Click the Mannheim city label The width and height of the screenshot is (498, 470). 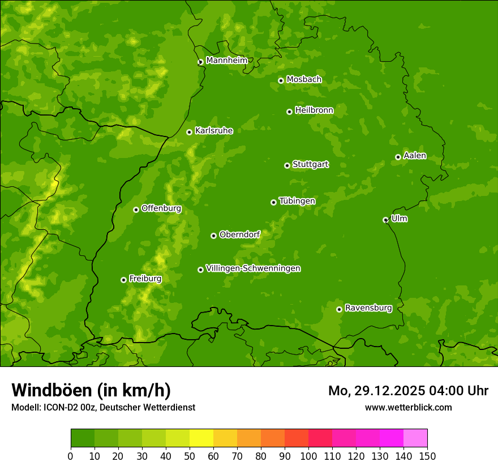click(226, 61)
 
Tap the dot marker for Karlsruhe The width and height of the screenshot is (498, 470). click(189, 132)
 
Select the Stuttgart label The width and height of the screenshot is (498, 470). click(310, 164)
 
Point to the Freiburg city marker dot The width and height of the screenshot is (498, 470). click(123, 280)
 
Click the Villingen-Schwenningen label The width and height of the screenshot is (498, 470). click(253, 268)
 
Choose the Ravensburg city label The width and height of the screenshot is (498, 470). click(368, 308)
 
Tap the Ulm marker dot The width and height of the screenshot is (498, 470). click(385, 220)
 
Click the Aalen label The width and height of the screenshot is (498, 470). click(415, 156)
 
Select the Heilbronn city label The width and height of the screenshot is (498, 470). click(314, 110)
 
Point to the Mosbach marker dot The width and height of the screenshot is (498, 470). click(281, 80)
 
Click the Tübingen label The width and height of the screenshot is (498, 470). click(297, 201)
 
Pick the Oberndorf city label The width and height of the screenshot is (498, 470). click(239, 234)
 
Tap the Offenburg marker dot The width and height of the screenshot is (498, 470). click(136, 210)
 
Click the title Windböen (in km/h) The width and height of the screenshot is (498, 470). click(91, 390)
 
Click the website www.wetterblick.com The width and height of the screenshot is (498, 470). click(408, 407)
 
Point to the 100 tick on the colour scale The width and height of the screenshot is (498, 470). click(308, 456)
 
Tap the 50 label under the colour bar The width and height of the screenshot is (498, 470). click(190, 456)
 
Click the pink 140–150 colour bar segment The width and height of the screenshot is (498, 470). click(415, 438)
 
